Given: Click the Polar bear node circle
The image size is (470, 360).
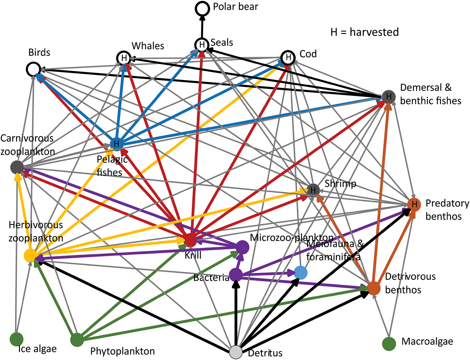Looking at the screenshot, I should (202, 8).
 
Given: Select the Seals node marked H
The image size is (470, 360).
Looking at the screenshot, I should (202, 45).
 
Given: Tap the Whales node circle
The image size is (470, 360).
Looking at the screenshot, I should (124, 58).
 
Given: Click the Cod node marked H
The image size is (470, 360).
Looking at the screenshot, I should (288, 58).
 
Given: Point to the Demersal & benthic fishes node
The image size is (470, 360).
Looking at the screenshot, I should (389, 97).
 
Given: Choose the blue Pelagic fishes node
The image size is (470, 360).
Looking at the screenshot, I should (116, 144).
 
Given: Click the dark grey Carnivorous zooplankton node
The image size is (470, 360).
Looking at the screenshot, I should (17, 167).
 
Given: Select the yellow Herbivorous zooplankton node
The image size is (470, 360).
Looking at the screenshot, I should (31, 256).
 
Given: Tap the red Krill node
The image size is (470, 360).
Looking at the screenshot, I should (190, 240).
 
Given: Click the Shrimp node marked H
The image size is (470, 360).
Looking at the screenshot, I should (313, 190).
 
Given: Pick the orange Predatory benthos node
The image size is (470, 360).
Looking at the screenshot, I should (414, 204).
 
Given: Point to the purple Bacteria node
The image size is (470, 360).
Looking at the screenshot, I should (236, 275).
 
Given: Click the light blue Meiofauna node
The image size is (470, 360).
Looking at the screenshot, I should (301, 273).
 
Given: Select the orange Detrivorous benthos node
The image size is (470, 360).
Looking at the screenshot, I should (374, 288).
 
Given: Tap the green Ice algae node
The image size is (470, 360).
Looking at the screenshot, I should (16, 339).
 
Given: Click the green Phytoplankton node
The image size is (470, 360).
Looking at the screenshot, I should (77, 340).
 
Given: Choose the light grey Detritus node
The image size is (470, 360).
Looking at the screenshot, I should (236, 352).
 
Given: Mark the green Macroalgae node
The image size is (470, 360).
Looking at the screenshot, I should (389, 344).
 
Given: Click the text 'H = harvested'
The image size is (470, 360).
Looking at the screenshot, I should (364, 32).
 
